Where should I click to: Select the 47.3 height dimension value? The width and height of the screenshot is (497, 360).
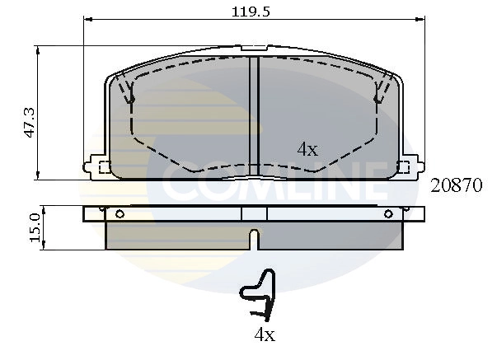29,122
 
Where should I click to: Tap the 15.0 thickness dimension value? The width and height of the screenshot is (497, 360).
35,227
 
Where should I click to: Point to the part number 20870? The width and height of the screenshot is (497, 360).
456,186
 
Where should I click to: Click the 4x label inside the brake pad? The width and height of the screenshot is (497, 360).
307,149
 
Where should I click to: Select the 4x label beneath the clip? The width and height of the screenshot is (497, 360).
264,334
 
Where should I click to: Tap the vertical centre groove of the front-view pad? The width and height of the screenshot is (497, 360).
255,115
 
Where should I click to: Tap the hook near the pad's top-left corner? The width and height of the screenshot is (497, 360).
128,92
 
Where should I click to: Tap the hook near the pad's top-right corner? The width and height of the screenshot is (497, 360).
380,92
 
